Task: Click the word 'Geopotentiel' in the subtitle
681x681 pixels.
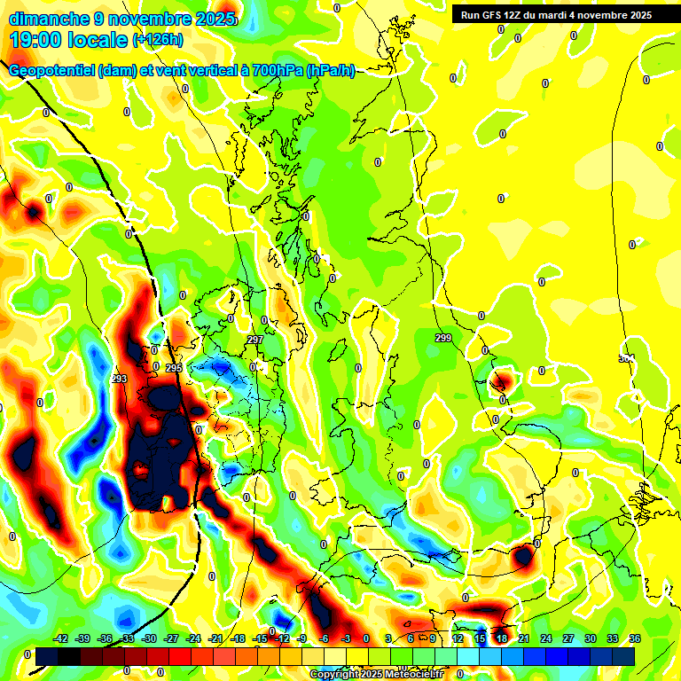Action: click(52, 71)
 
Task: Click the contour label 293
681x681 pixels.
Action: click(120, 379)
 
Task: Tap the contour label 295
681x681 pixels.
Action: click(173, 367)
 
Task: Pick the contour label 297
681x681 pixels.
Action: click(255, 340)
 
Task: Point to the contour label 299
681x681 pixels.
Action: click(443, 338)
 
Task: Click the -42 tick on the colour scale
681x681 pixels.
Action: click(61, 638)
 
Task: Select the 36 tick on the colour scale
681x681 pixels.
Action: click(634, 638)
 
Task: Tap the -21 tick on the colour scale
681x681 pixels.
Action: click(215, 638)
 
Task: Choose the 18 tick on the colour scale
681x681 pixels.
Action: click(501, 638)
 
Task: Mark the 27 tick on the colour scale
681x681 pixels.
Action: click(567, 638)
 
